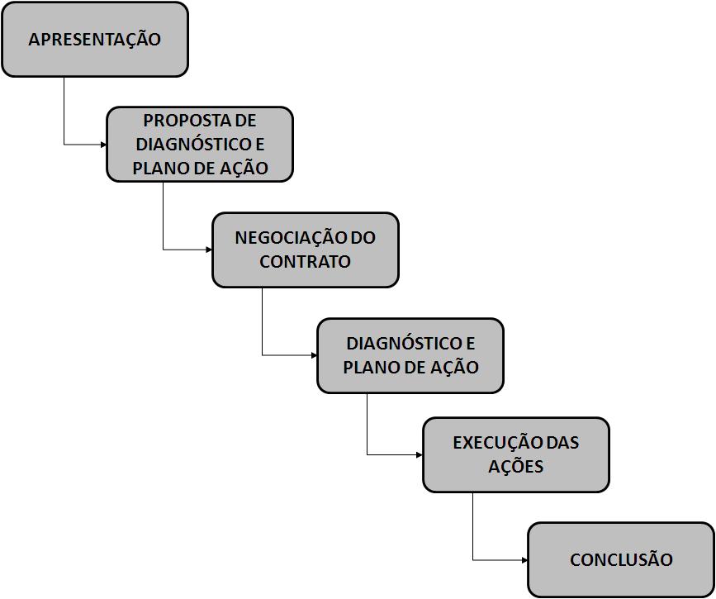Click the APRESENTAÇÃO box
tap(94, 40)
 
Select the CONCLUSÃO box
tap(621, 559)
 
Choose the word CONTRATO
tap(305, 262)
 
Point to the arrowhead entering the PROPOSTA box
tap(103, 145)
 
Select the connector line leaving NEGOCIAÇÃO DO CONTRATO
tap(263, 322)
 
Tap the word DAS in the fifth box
tap(562, 443)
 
